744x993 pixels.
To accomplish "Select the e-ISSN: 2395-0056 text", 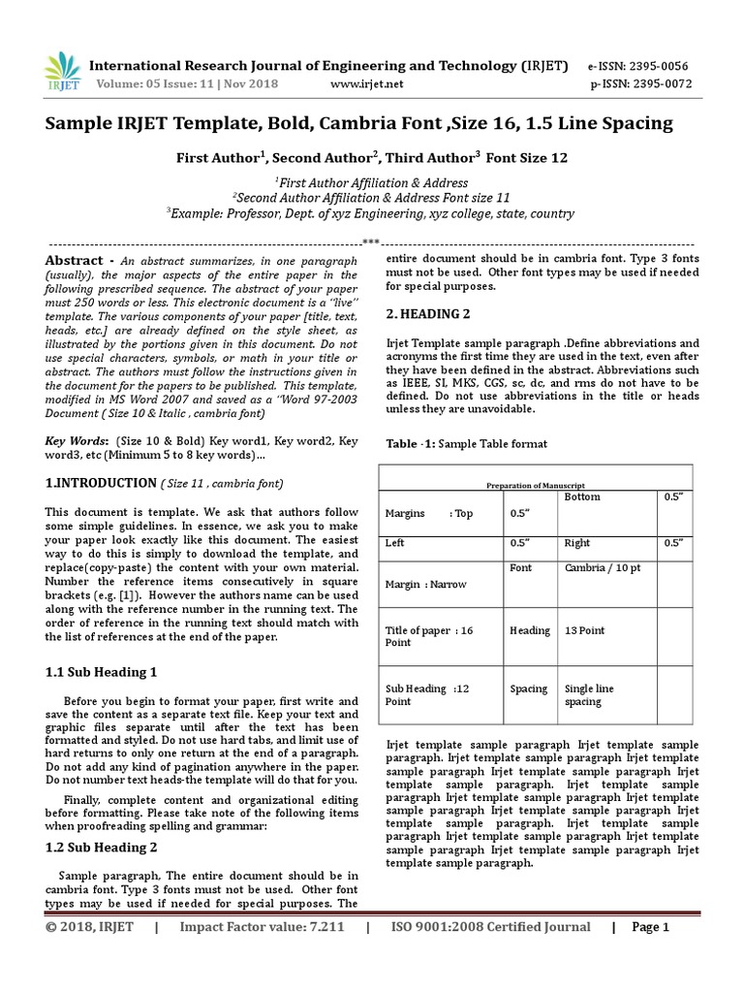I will [x=637, y=66].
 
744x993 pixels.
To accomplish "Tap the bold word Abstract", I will [x=74, y=261].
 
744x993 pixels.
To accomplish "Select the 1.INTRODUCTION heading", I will [x=101, y=483].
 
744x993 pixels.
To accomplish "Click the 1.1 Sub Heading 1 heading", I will [x=101, y=671].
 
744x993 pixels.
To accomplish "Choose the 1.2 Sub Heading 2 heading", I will [x=101, y=847].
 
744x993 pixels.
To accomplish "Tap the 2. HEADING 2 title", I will [x=427, y=314].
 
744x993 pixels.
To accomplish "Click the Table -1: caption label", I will [x=412, y=444].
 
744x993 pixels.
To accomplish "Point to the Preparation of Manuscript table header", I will [x=536, y=485].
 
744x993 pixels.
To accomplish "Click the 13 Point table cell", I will [x=585, y=630].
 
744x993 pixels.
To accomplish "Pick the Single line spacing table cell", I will [x=589, y=695].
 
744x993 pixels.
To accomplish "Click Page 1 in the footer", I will [x=650, y=927].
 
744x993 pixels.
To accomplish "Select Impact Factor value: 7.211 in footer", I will [x=262, y=927].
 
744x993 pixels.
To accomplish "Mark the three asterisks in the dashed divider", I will [x=370, y=241].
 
